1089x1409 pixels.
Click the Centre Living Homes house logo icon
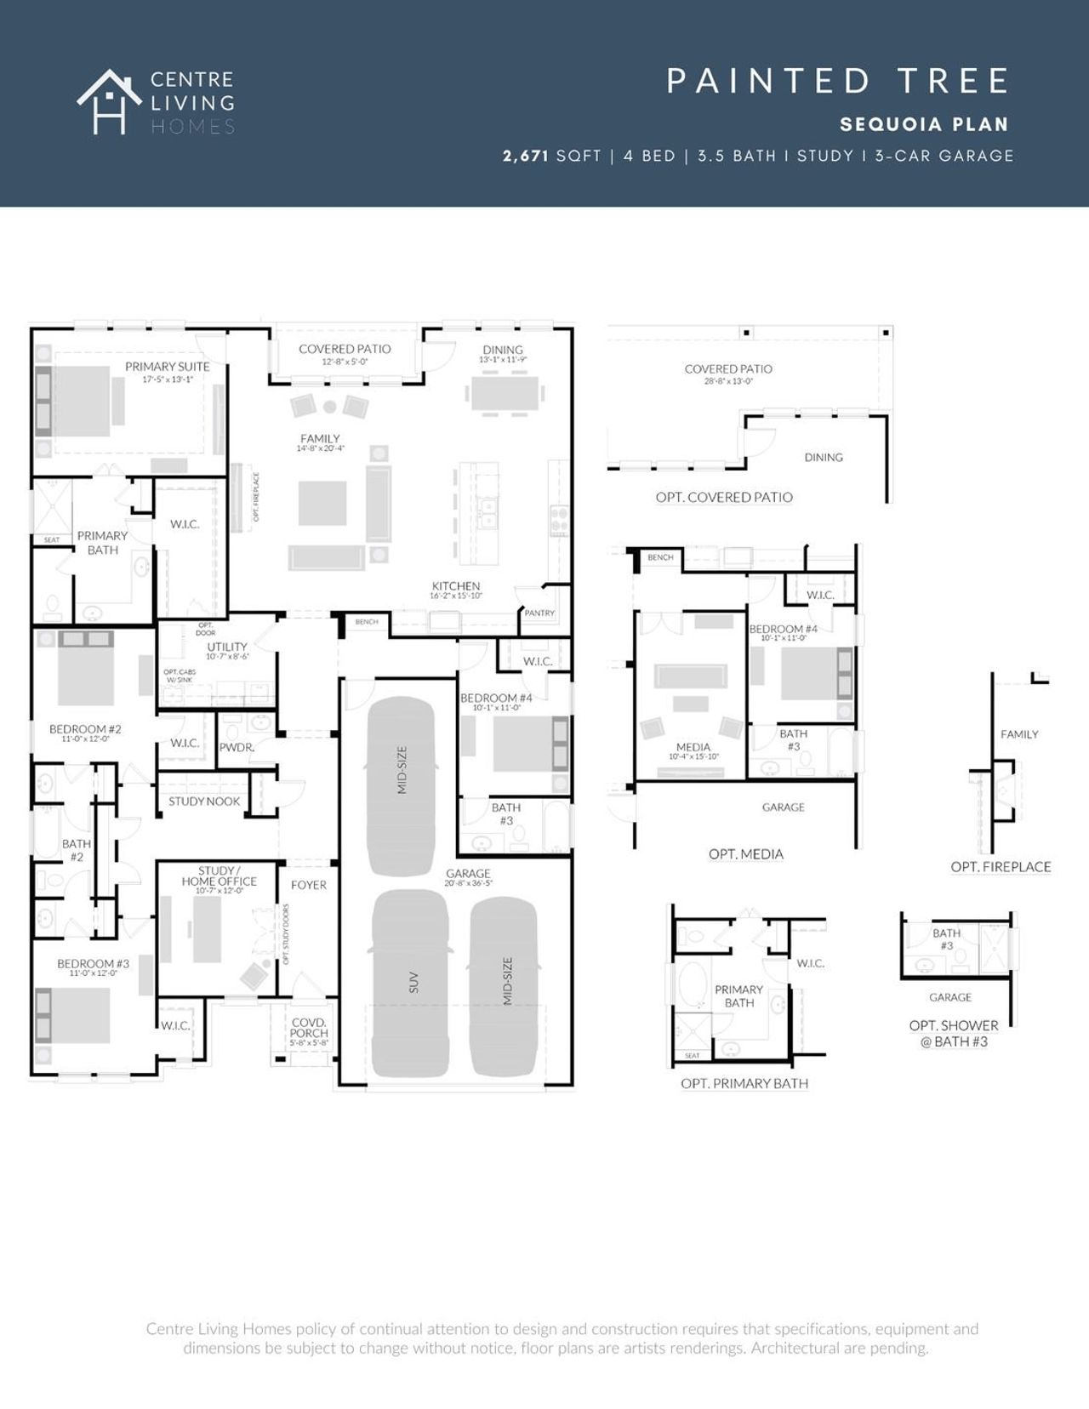(109, 101)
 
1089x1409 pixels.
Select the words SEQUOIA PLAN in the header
(924, 124)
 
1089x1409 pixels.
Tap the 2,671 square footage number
(526, 156)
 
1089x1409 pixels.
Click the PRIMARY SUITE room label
(167, 367)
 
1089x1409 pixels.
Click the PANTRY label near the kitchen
(539, 613)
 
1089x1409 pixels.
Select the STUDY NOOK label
(204, 801)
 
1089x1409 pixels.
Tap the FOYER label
(308, 885)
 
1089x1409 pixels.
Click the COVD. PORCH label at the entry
(308, 1028)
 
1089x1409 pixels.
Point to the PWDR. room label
(237, 748)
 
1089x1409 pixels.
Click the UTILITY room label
(227, 647)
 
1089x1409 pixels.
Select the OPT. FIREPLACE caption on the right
(1001, 867)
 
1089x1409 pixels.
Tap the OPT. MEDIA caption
(745, 854)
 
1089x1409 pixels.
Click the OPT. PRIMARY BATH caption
(744, 1084)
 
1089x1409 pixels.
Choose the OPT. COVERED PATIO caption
(724, 497)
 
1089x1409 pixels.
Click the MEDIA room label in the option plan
(693, 747)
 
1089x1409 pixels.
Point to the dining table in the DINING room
(505, 394)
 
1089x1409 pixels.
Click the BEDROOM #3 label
(94, 964)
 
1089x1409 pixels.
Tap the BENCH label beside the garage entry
(367, 622)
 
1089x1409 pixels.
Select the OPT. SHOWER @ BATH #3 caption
(954, 1033)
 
